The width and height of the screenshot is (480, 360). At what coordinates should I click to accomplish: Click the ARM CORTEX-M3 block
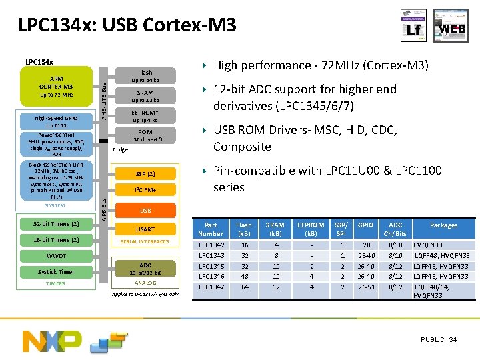coord(56,86)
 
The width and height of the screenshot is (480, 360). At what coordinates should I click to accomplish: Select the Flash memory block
coord(145,76)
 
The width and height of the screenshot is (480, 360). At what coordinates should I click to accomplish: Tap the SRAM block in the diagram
coord(145,96)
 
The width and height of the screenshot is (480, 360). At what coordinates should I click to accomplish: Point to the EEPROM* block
coord(145,116)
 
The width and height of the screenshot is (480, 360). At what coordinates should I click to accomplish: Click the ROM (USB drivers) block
coord(145,135)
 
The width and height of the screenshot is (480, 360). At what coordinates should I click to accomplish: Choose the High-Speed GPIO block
coord(56,121)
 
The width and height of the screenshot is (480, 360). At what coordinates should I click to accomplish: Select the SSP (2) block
coord(145,174)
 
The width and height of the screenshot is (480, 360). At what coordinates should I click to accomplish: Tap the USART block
coord(145,229)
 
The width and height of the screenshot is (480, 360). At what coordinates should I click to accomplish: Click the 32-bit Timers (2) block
coord(56,223)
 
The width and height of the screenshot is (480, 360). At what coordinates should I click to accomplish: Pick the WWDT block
coord(56,256)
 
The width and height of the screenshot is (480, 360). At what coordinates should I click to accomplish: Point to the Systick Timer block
coord(56,271)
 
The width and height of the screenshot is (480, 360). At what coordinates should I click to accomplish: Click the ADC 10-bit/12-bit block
coord(145,269)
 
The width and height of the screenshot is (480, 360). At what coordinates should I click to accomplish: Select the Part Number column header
coord(211,229)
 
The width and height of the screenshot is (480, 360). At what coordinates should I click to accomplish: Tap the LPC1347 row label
coord(211,287)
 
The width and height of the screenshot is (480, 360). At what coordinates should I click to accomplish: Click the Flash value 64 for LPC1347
coord(245,287)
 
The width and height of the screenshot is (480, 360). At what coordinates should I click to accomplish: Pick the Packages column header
coord(443,225)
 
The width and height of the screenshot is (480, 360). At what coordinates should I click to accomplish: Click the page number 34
coord(453,340)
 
